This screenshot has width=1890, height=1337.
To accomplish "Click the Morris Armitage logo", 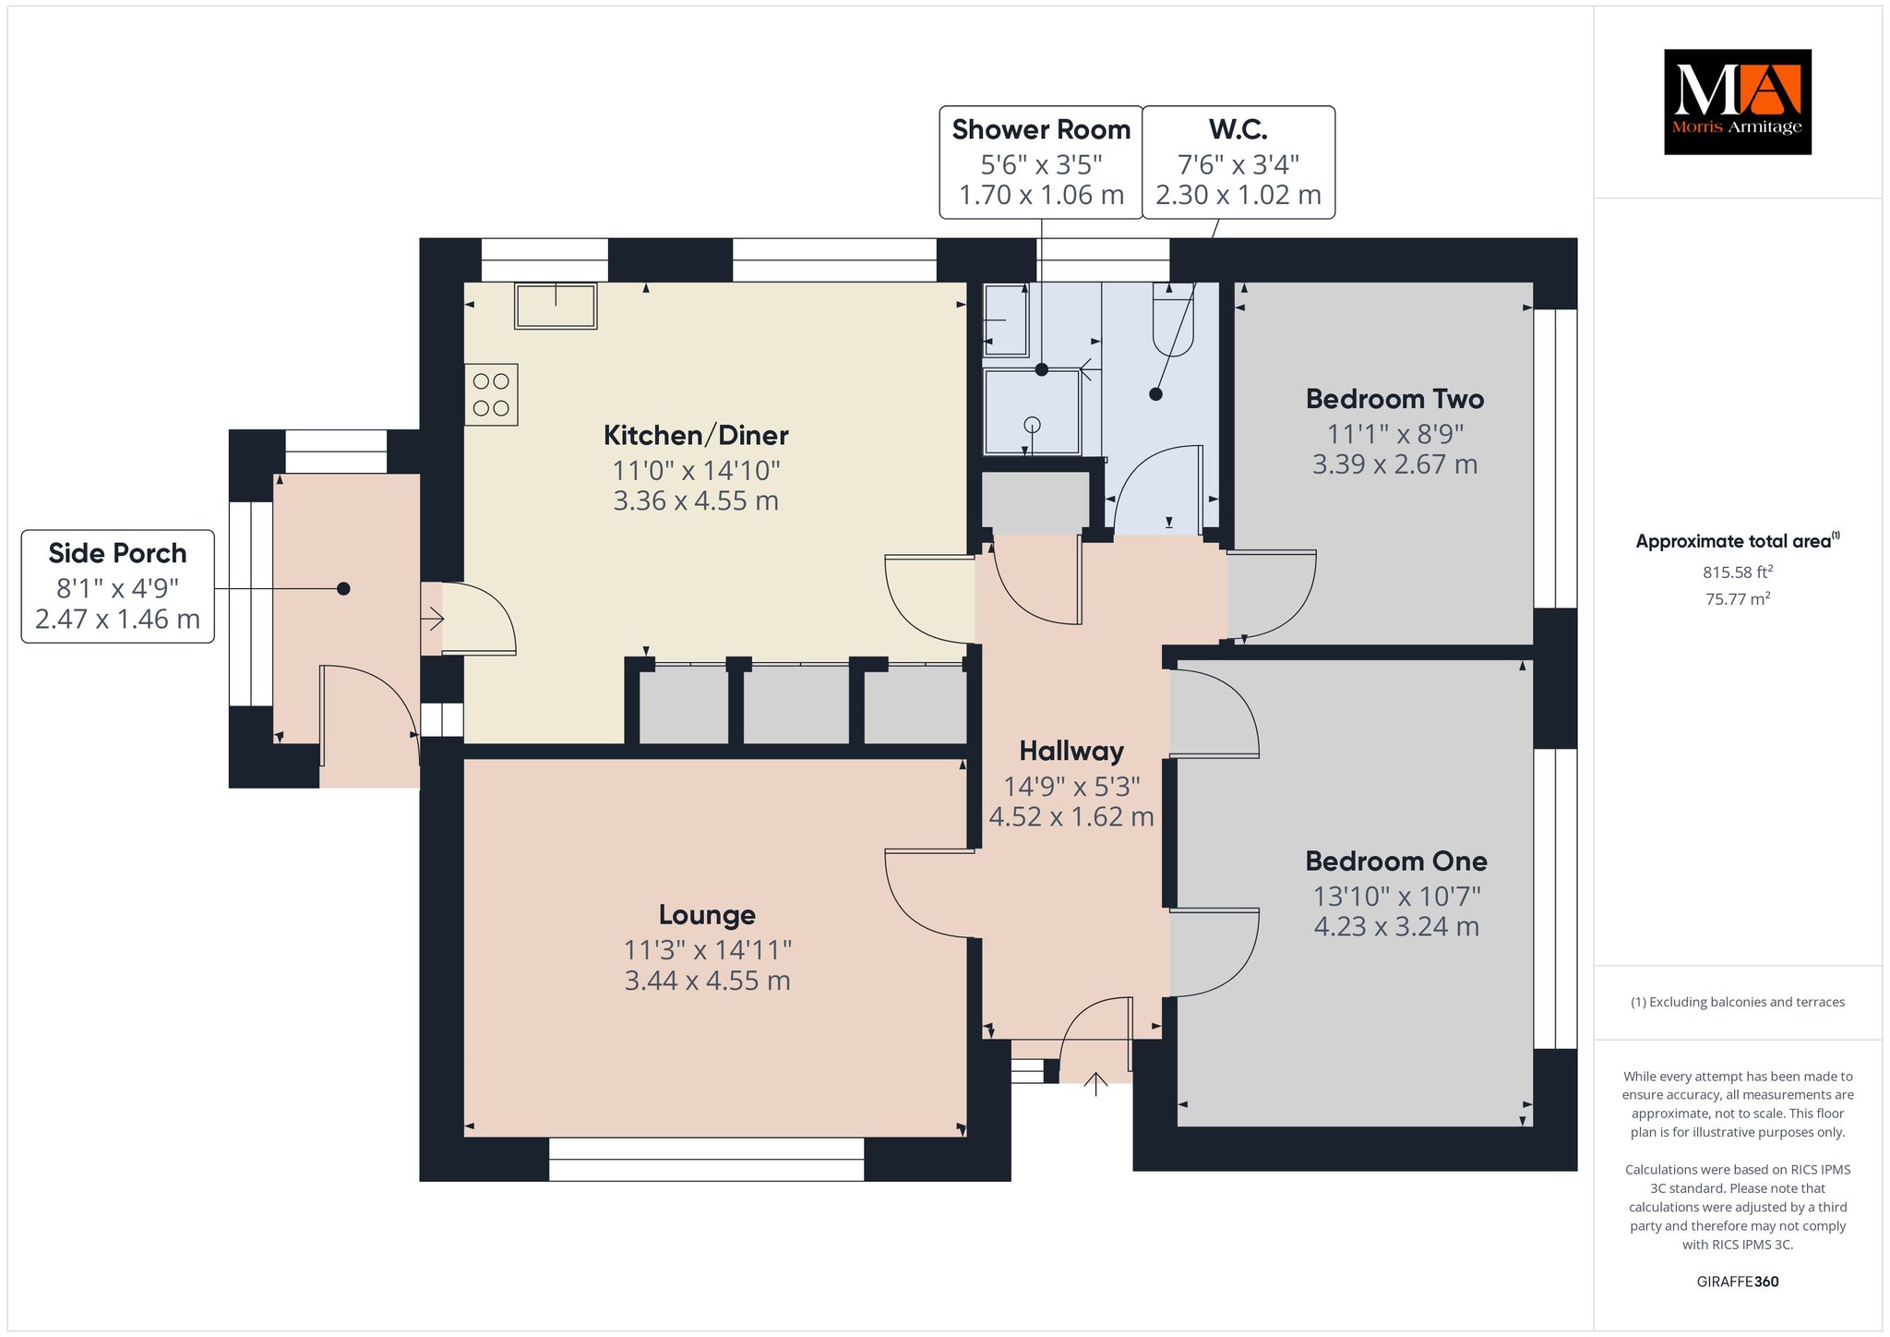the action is point(1737,102).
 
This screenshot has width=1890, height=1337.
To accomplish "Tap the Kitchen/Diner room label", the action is point(696,435).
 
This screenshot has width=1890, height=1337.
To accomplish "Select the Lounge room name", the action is point(707,915).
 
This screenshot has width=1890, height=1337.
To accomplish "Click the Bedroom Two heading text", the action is point(1394,399).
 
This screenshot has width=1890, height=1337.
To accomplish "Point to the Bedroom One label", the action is point(1396,861).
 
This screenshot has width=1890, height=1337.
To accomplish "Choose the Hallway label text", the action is point(1071,752).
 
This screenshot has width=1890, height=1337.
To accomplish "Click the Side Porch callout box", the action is point(118,586).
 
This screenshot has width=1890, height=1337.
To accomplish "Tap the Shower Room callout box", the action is point(1041,163).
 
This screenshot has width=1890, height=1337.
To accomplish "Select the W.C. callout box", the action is point(1238,163).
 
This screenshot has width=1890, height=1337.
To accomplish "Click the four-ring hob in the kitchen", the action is point(491,394).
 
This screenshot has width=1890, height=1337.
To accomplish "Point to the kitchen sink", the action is point(556,306).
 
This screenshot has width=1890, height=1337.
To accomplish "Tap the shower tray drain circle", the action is point(1033,425).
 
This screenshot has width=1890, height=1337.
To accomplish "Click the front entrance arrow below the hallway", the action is point(1095,1084).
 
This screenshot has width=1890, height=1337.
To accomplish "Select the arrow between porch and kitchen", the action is point(432,619).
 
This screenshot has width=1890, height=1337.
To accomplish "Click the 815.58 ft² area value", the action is point(1738,572).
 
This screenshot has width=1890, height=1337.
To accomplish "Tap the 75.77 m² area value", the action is point(1738,598).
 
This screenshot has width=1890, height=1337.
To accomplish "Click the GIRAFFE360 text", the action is point(1738,1282).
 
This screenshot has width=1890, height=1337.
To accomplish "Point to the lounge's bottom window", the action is point(707,1159).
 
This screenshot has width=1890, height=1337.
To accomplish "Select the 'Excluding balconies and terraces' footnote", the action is point(1738,1002).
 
